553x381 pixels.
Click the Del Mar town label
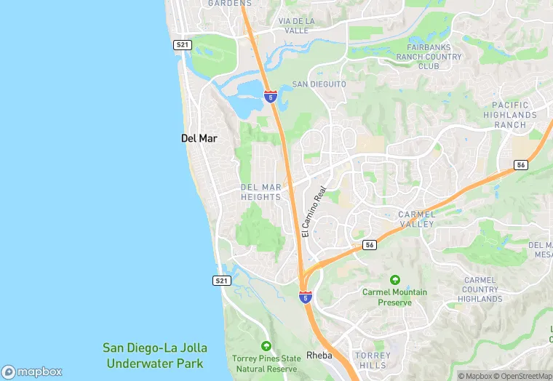[199, 137]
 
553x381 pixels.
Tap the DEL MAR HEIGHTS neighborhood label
[260, 192]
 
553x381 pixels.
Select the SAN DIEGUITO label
[319, 84]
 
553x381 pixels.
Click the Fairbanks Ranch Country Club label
[434, 57]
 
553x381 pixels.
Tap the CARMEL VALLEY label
[417, 219]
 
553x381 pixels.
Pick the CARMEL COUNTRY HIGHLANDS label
[481, 289]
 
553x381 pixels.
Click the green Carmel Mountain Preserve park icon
[395, 280]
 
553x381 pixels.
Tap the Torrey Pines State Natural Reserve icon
[266, 346]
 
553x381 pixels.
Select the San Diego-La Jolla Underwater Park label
[154, 355]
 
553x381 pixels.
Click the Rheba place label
[319, 356]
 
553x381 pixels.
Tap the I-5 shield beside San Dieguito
[270, 97]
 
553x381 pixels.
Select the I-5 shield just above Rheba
[305, 297]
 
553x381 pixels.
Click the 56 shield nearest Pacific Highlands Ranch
[520, 165]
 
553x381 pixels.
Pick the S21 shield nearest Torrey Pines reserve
[222, 280]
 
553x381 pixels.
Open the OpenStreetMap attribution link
[523, 376]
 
